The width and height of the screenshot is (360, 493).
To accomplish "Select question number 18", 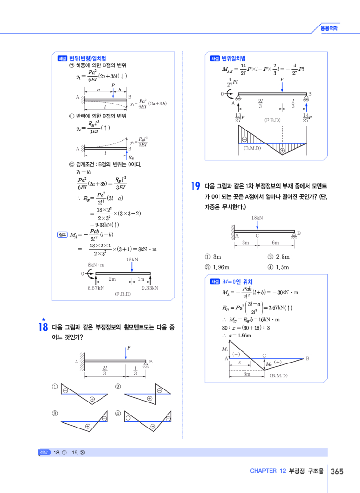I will click(x=42, y=327).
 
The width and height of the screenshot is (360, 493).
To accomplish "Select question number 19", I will click(x=195, y=186).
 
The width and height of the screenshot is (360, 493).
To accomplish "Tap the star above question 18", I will click(x=43, y=319).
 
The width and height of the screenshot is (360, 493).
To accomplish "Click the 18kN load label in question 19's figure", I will click(x=257, y=218).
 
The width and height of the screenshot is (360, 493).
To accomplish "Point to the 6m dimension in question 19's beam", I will click(x=275, y=243).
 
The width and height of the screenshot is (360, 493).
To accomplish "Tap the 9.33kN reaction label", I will click(x=150, y=287).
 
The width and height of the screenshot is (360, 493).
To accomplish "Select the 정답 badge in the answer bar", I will click(x=44, y=453).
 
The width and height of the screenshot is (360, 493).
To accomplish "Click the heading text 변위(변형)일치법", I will click(x=88, y=58).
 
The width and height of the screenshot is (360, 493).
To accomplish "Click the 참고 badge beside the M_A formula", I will click(x=62, y=234).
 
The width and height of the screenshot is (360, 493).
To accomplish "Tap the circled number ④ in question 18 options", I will click(x=118, y=413).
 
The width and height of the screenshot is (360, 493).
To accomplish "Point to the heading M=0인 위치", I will click(x=238, y=282).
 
